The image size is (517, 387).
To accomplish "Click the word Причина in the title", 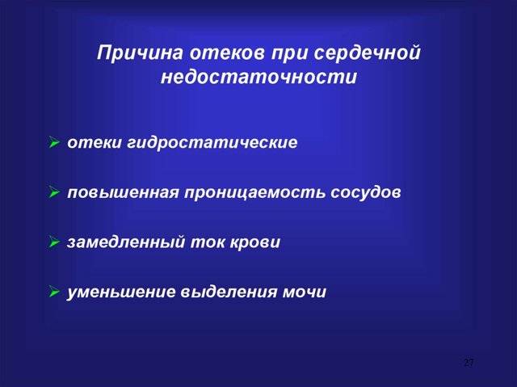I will click(x=140, y=56).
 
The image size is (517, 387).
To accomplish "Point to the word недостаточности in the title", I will click(x=258, y=79).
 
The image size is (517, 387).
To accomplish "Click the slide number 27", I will click(x=469, y=361).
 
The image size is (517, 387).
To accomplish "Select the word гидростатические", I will click(x=212, y=143).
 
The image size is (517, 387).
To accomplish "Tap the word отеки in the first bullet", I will click(x=94, y=143).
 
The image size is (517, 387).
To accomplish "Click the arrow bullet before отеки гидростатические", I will click(x=53, y=144).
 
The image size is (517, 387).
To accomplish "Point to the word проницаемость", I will click(x=254, y=193).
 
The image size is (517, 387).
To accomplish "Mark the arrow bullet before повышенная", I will click(x=53, y=194).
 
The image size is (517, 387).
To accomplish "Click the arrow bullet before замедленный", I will click(x=53, y=243).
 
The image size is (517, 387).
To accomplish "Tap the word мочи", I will click(x=304, y=292).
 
